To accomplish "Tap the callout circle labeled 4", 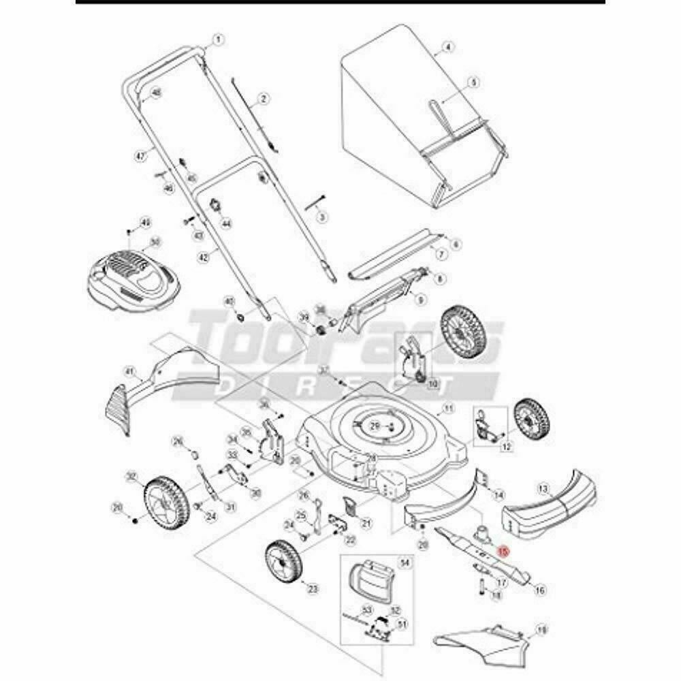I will [447, 47].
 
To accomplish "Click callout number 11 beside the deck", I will [447, 409].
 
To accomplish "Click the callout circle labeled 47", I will [141, 156].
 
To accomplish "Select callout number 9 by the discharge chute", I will [419, 300].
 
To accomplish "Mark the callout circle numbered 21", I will [366, 523].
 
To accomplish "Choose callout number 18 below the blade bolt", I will [495, 596].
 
